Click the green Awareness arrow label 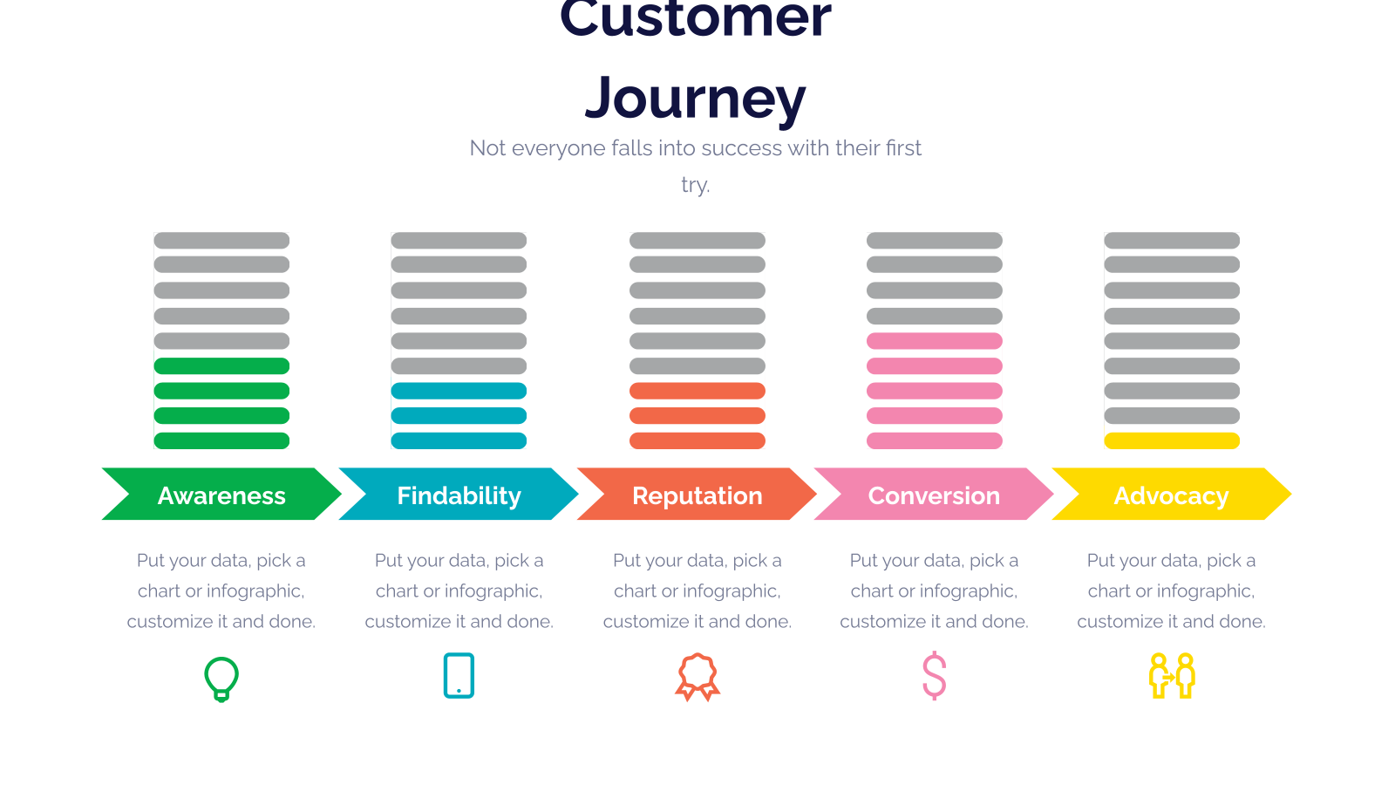(x=221, y=494)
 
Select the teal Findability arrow (x=459, y=494)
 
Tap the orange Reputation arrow (x=697, y=494)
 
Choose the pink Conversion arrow (x=934, y=494)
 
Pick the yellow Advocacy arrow (x=1172, y=494)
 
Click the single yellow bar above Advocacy (x=1172, y=441)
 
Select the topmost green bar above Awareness (x=221, y=365)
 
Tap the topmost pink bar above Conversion (x=934, y=341)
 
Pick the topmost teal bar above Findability (x=459, y=391)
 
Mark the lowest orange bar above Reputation (x=697, y=441)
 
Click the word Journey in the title (x=696, y=99)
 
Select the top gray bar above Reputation (x=697, y=241)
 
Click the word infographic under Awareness (x=255, y=591)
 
